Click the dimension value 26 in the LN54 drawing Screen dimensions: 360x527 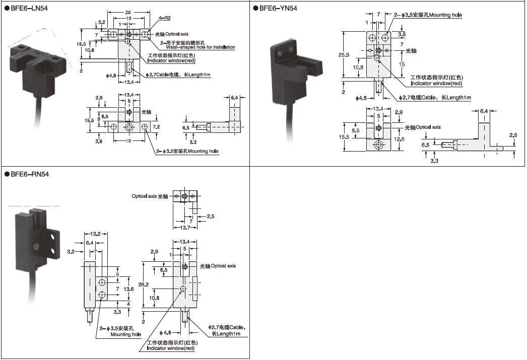128,12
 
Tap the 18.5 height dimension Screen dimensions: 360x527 87,44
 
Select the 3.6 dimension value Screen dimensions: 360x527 98,142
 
